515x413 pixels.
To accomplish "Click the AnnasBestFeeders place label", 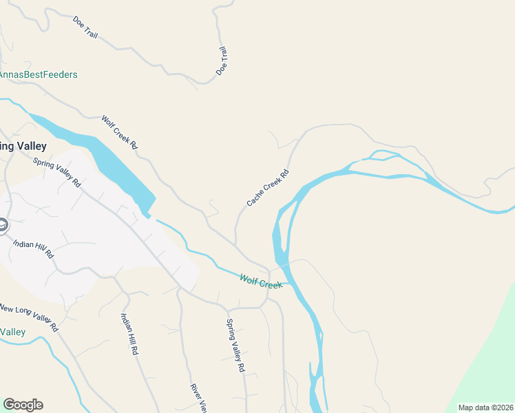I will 39,74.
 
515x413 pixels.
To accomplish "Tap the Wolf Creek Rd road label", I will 120,132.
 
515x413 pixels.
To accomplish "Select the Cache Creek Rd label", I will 267,188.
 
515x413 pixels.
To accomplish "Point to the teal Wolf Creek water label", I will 261,281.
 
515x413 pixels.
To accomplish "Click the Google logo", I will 23,405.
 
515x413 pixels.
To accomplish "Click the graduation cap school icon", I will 3,225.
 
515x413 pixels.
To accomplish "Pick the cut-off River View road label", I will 198,398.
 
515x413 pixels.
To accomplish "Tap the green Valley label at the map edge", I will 12,332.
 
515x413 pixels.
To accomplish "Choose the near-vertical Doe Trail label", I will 222,61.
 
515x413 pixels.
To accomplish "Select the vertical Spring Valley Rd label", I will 236,346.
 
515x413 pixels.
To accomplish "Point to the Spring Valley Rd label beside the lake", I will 57,173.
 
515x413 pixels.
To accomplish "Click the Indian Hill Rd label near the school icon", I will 34,248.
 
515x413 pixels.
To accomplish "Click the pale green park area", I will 489,351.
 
